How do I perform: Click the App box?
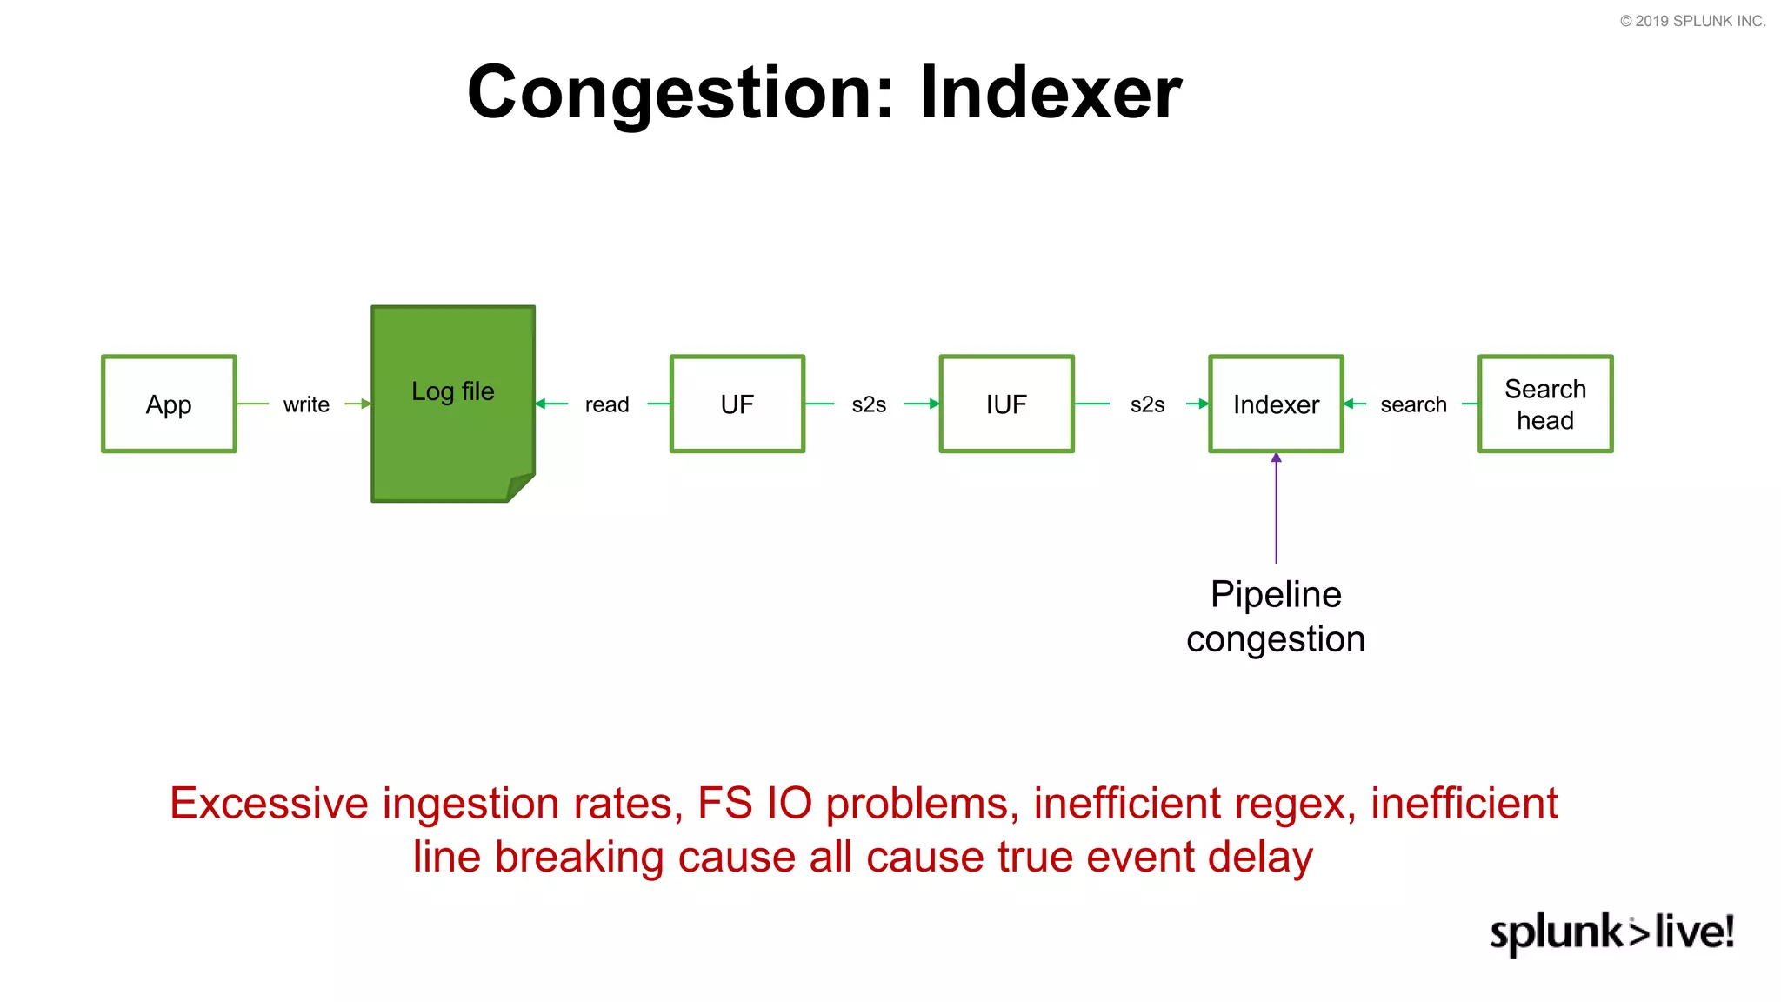click(169, 404)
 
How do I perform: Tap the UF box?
click(737, 404)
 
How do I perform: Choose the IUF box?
click(1006, 404)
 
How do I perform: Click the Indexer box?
click(1276, 404)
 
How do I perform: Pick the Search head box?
click(1545, 404)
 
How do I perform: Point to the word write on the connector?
click(306, 405)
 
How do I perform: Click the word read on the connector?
click(606, 405)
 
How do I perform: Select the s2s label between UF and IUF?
click(869, 405)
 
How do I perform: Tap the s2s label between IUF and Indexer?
click(1147, 405)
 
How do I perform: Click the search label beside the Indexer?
click(1413, 405)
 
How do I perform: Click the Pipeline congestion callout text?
click(1276, 617)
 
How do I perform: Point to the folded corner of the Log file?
click(521, 486)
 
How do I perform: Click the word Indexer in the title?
click(1051, 92)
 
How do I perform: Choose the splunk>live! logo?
click(1611, 932)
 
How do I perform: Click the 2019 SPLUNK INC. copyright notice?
click(1692, 21)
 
